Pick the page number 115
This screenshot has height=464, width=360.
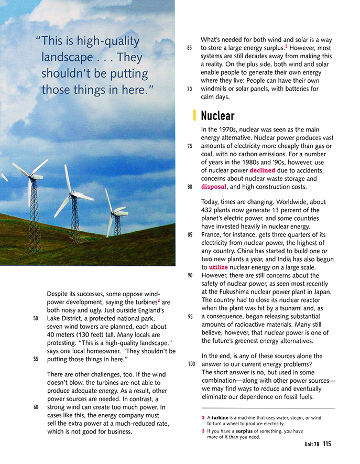327,444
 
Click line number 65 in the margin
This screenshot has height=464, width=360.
189,48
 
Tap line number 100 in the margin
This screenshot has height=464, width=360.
191,364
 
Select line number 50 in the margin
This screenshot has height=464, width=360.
35,318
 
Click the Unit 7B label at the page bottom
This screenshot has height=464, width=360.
312,444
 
